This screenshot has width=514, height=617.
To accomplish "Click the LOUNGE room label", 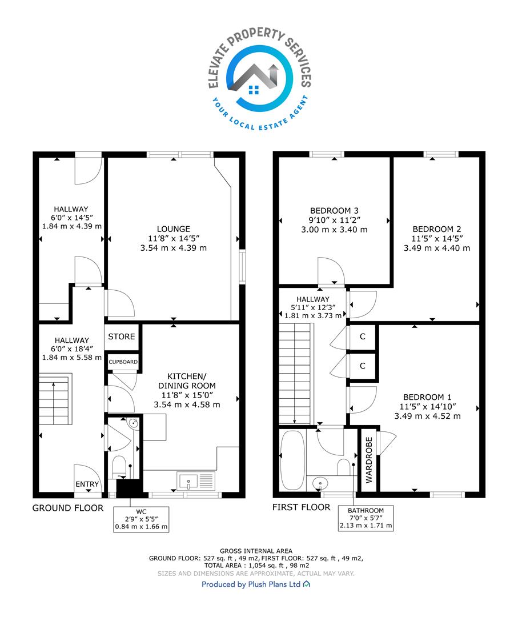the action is tap(174, 229).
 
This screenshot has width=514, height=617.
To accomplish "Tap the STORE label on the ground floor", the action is tap(122, 336).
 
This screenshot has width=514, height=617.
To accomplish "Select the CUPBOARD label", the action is tap(123, 362).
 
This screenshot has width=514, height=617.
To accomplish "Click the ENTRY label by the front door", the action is tap(87, 484).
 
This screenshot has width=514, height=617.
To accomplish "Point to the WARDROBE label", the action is tap(369, 460).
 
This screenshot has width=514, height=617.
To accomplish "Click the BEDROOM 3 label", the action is tap(334, 211).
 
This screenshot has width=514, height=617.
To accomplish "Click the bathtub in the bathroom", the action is tap(293, 459).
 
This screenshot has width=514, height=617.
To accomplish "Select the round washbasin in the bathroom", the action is tap(320, 482).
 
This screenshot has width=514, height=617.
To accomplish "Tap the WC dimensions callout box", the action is tap(141, 519).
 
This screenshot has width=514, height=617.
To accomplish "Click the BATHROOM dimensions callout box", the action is tap(366, 518).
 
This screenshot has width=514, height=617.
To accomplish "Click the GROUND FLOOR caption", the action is tap(68, 508).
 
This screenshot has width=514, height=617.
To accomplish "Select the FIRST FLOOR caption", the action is tap(301, 507).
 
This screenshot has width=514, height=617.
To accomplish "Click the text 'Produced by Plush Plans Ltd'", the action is tap(251, 584).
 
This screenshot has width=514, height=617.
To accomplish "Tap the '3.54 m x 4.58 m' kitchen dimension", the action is tap(187, 404).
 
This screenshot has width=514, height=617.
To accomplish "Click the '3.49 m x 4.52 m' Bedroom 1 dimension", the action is tap(428, 416).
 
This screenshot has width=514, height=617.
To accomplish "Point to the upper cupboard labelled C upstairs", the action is tap(363, 337).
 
